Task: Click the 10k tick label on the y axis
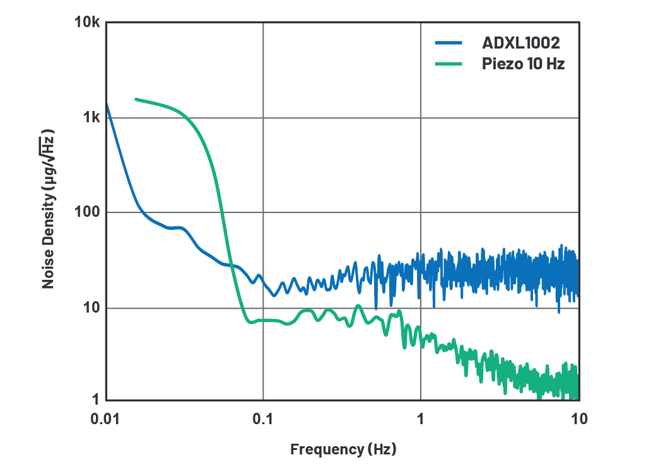click(x=87, y=23)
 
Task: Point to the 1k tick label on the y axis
click(x=91, y=118)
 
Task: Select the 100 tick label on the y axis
click(x=87, y=212)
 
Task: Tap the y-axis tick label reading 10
click(x=91, y=308)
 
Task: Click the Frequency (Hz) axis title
click(x=343, y=449)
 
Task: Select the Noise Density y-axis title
click(x=49, y=210)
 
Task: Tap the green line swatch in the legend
click(x=449, y=64)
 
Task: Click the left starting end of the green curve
click(x=136, y=99)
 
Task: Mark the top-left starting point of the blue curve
click(x=106, y=104)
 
